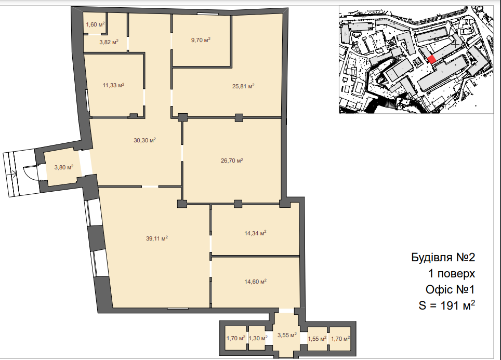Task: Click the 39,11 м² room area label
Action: point(157,238)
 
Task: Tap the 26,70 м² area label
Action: point(232,161)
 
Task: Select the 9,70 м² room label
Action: point(201,40)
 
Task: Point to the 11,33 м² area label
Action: point(113,85)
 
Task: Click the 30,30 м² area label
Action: point(145,140)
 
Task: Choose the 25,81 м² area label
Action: point(243,86)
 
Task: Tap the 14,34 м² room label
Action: point(255,233)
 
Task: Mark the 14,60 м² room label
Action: point(255,282)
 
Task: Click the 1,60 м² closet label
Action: point(95,24)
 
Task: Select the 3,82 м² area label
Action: point(109,42)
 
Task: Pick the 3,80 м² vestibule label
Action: point(64,167)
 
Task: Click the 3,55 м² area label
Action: point(287,335)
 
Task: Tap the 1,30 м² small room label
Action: point(258,338)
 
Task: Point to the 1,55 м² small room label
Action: point(317,339)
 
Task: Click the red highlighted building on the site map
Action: point(432,59)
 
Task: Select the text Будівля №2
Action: point(443,257)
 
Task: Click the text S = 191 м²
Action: point(446,305)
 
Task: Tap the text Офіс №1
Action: point(450,289)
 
